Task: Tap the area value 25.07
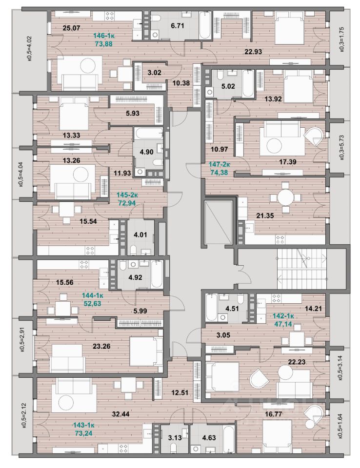click(72, 28)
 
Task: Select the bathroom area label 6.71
click(178, 26)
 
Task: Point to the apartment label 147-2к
click(220, 164)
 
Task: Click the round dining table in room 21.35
click(286, 197)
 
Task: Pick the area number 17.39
click(287, 162)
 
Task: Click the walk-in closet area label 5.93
click(133, 114)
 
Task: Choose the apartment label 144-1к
click(93, 296)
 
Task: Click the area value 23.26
click(101, 347)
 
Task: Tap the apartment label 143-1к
click(84, 425)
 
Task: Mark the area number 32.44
click(120, 414)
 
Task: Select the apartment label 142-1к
click(283, 316)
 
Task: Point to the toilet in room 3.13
click(174, 448)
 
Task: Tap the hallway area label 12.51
click(180, 392)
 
